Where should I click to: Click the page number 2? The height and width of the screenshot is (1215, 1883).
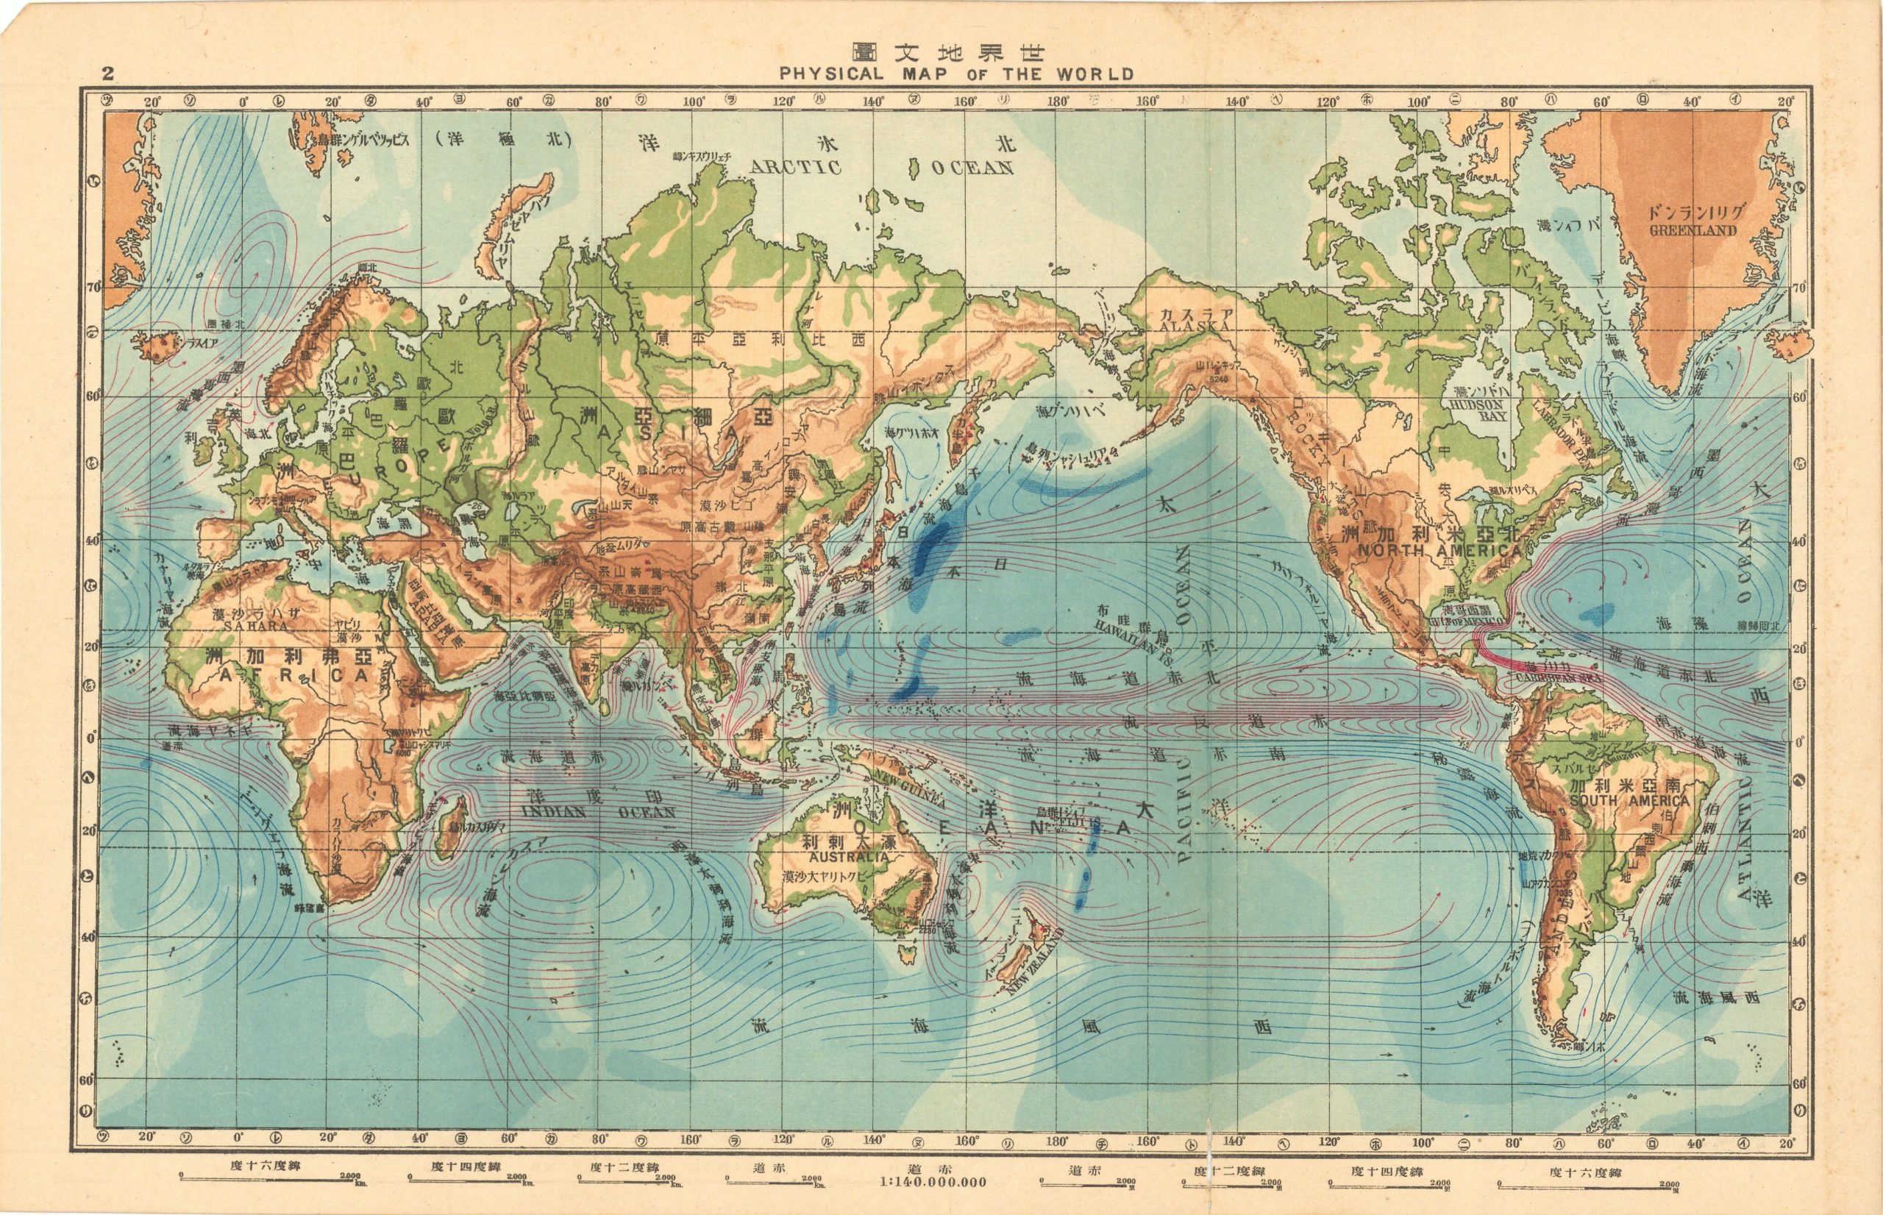click(108, 74)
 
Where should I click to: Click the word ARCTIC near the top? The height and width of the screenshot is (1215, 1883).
click(796, 167)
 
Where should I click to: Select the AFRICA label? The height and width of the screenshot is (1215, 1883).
click(293, 675)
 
